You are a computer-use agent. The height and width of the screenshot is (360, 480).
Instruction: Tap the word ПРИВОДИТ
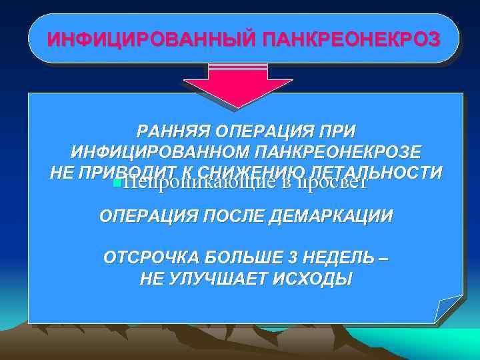point(127,171)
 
